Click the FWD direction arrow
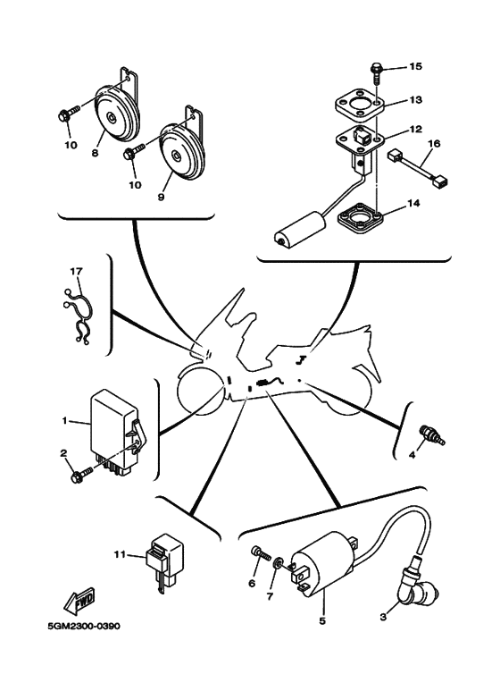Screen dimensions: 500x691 coord(79,601)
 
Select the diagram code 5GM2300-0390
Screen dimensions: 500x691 coord(84,626)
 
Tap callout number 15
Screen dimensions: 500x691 coord(415,66)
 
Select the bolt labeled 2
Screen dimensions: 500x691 coord(82,475)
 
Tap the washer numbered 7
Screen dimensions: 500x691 coord(279,564)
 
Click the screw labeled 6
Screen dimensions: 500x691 coord(260,553)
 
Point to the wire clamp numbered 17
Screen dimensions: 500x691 coord(79,315)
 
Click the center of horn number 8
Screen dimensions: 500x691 coord(115,113)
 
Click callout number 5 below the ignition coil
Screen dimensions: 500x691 coord(322,621)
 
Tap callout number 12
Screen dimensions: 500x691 coord(415,129)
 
